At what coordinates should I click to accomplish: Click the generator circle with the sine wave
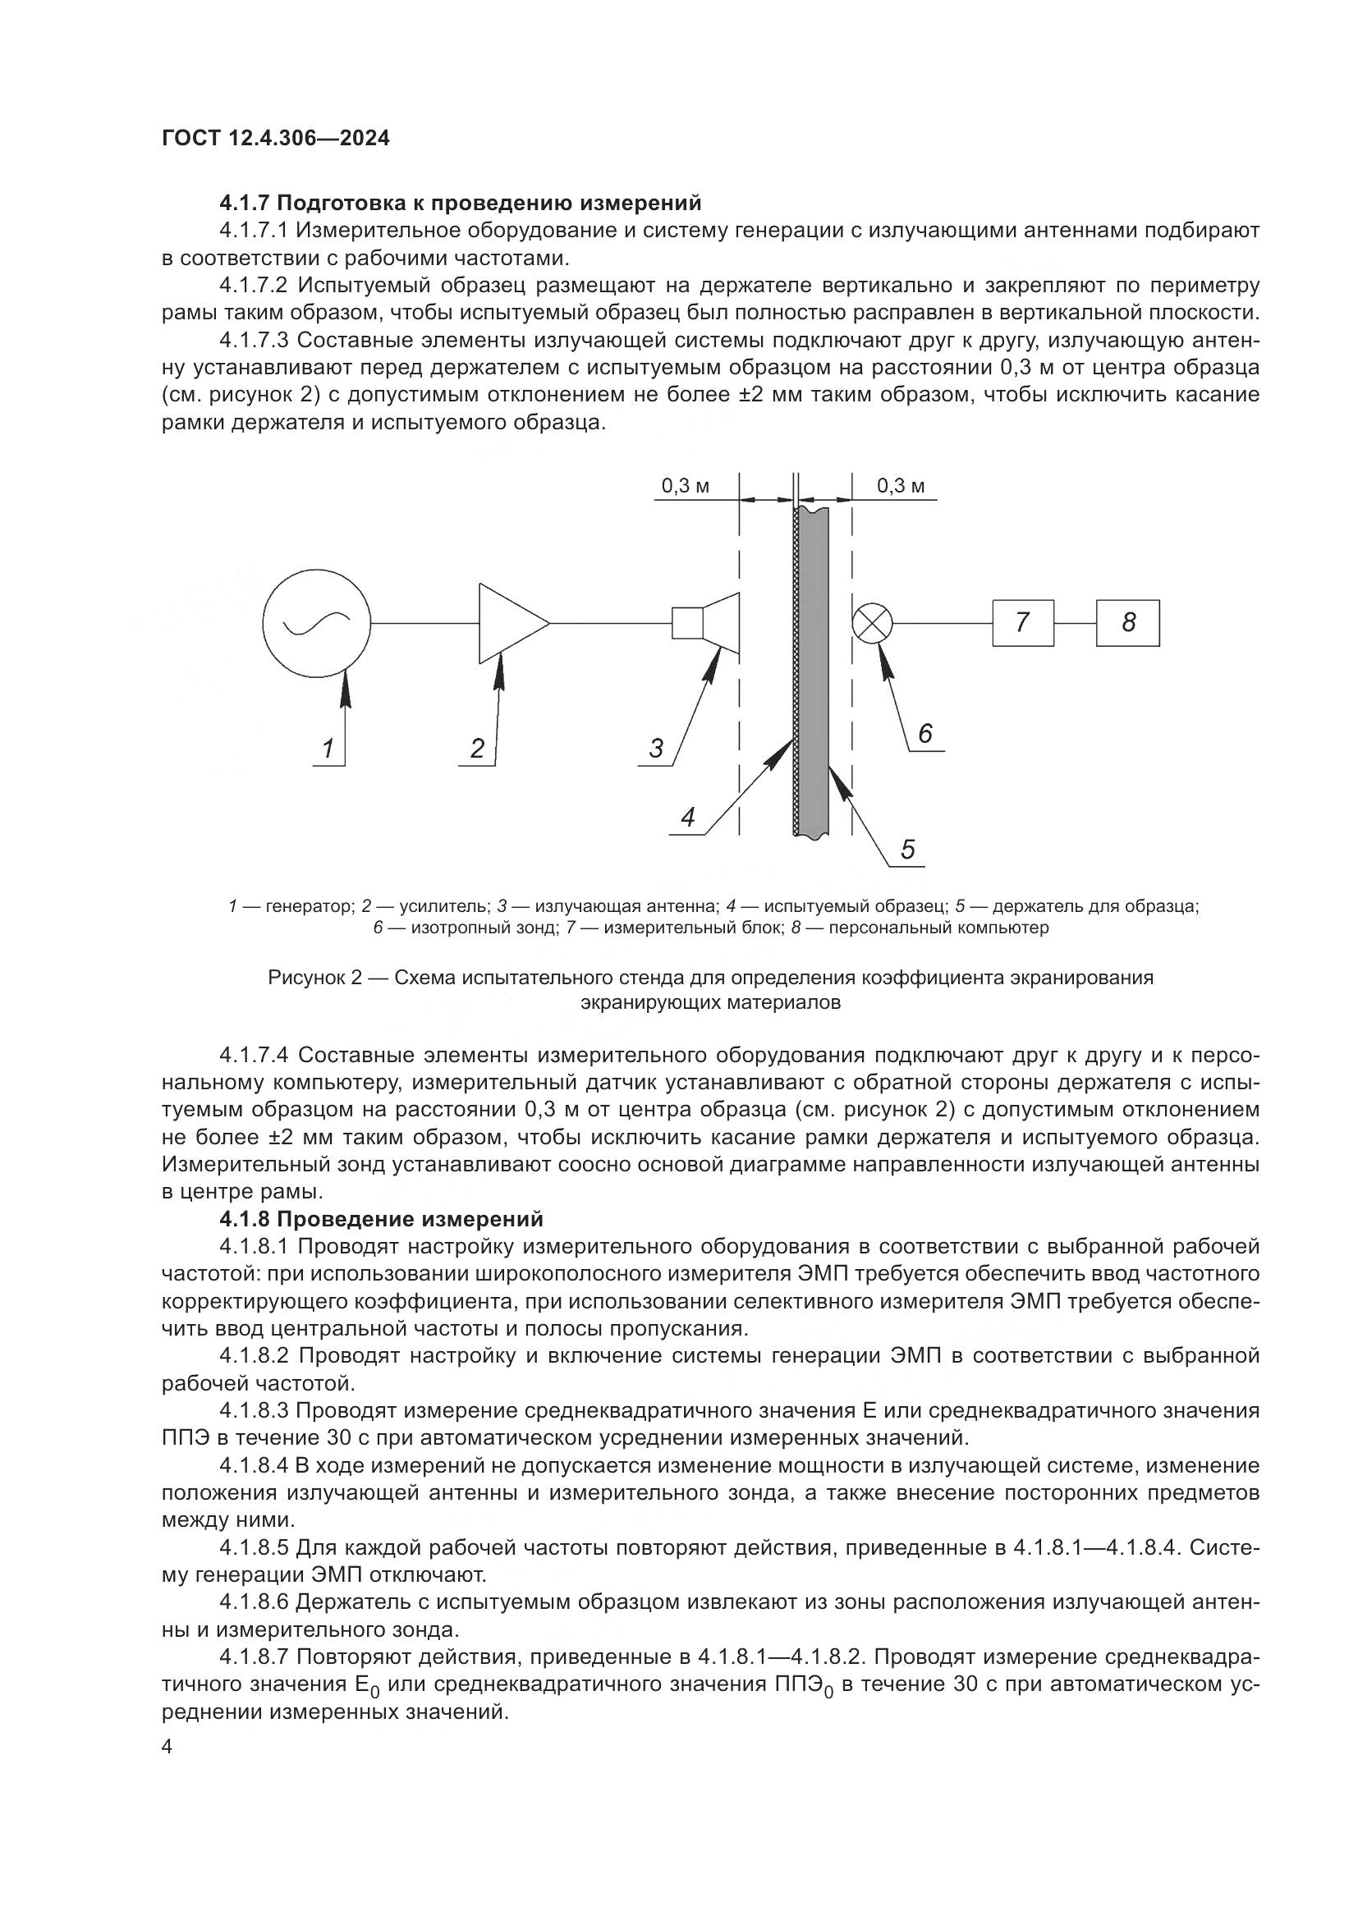tap(316, 623)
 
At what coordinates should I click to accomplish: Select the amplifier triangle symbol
tap(507, 623)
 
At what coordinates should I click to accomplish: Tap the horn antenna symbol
tap(709, 623)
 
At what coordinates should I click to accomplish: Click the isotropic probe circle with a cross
tap(872, 623)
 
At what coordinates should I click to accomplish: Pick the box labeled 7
tap(1023, 623)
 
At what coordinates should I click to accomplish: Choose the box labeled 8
tap(1128, 623)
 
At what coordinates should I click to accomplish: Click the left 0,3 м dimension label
tap(685, 486)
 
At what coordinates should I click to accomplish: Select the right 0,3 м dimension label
tap(901, 486)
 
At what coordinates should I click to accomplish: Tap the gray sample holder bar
tap(815, 669)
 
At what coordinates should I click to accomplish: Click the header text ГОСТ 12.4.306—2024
tap(276, 139)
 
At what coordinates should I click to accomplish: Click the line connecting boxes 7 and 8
tap(1076, 624)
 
